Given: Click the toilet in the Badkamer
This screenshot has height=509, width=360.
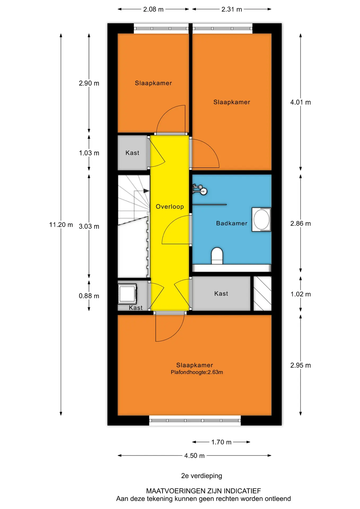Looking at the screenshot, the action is (x=217, y=256).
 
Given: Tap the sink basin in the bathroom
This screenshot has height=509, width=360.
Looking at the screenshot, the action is (x=261, y=220).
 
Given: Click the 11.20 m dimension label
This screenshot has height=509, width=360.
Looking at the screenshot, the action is (x=61, y=225).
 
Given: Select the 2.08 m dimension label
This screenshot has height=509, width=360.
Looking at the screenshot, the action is (x=153, y=9).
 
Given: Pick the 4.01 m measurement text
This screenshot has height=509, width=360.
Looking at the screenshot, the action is (x=300, y=102).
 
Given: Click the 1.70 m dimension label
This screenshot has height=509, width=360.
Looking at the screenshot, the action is (x=221, y=442).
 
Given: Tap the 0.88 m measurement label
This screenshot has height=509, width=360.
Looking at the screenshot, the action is (x=89, y=296).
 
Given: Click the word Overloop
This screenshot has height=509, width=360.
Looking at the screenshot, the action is (x=170, y=207).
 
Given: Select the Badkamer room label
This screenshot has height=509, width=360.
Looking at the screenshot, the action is (x=232, y=223).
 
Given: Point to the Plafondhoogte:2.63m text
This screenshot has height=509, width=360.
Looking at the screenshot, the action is (x=197, y=372).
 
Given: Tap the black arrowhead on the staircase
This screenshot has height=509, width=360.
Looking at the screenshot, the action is (x=146, y=191).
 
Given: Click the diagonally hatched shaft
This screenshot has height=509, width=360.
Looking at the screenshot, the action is (x=262, y=293).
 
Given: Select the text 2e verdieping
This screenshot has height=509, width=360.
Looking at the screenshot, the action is (x=201, y=476).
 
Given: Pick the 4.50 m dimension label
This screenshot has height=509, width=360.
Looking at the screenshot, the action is (x=194, y=456).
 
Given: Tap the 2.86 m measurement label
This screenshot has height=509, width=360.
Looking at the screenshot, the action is (x=300, y=223).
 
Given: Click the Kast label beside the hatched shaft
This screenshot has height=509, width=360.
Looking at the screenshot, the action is (x=221, y=293).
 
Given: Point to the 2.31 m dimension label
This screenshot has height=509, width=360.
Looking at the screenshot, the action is (x=232, y=9).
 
